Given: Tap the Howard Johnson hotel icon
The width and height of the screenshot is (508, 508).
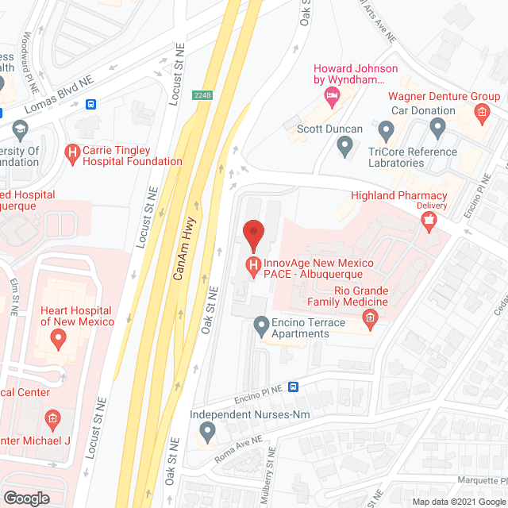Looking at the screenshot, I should pyautogui.click(x=331, y=96).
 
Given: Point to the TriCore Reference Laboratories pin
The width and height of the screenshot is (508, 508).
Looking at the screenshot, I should pyautogui.click(x=387, y=129).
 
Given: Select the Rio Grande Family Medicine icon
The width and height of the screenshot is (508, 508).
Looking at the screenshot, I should pyautogui.click(x=369, y=318).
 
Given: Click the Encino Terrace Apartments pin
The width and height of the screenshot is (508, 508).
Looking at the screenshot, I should pyautogui.click(x=260, y=325).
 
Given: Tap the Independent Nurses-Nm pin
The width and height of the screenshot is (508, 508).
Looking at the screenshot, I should pyautogui.click(x=207, y=433).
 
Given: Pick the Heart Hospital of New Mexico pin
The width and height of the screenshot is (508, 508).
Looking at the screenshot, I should pyautogui.click(x=57, y=339).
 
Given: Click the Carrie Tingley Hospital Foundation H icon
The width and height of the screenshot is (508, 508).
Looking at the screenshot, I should pyautogui.click(x=73, y=152).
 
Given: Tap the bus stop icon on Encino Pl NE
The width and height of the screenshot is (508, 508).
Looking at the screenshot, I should pyautogui.click(x=294, y=387).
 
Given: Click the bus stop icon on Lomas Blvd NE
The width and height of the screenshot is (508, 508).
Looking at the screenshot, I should pyautogui.click(x=92, y=104).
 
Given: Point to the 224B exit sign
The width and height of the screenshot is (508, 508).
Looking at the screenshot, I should pyautogui.click(x=202, y=95).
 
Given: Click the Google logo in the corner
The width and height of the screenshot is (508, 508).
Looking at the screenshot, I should pyautogui.click(x=27, y=498).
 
